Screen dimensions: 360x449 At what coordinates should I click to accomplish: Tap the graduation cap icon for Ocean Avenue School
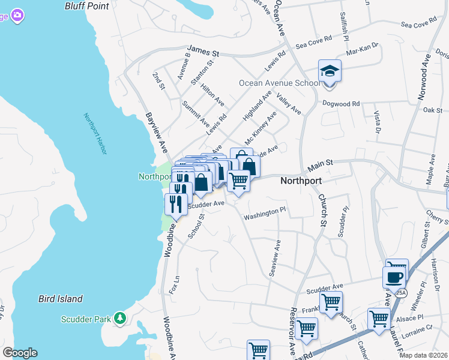point(330,71)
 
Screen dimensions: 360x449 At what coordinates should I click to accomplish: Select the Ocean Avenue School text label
point(279,83)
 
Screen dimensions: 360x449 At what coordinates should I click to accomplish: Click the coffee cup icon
point(394,277)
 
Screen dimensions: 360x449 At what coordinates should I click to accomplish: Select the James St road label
point(203,52)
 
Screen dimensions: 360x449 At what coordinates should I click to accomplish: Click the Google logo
point(19,353)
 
